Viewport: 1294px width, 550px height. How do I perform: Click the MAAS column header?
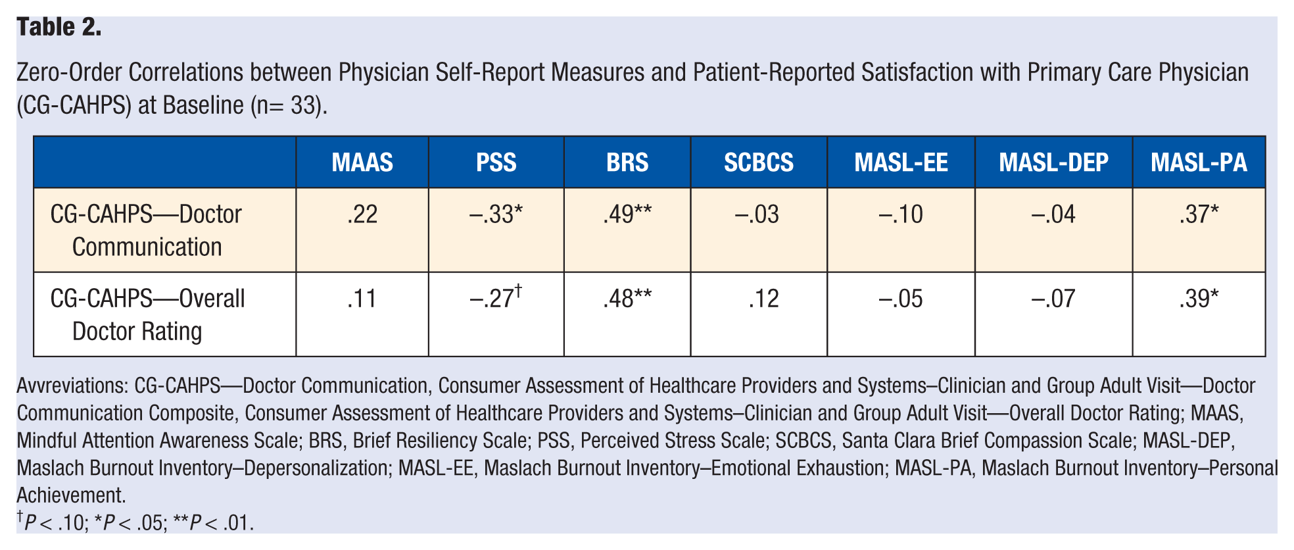pyautogui.click(x=362, y=162)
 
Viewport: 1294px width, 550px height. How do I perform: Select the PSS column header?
pyautogui.click(x=496, y=162)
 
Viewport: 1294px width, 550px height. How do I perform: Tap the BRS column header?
pyautogui.click(x=627, y=162)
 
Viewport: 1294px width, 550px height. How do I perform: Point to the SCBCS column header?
pyautogui.click(x=759, y=162)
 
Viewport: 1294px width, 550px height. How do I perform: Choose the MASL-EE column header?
pyautogui.click(x=901, y=162)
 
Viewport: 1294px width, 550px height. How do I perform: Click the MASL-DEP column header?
pyautogui.click(x=1053, y=162)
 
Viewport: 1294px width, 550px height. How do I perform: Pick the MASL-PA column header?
pyautogui.click(x=1199, y=162)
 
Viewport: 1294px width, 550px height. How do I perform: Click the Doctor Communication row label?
pyautogui.click(x=147, y=230)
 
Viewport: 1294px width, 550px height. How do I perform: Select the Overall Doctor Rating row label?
pyautogui.click(x=148, y=314)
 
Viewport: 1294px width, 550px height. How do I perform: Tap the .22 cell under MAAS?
pyautogui.click(x=362, y=214)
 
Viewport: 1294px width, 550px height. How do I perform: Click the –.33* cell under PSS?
pyautogui.click(x=496, y=214)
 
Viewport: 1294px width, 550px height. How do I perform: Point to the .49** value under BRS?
pyautogui.click(x=627, y=214)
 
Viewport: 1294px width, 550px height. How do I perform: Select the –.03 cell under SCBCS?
pyautogui.click(x=757, y=214)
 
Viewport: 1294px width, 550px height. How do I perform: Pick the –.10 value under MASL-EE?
pyautogui.click(x=901, y=214)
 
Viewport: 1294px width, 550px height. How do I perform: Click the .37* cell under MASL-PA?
pyautogui.click(x=1199, y=214)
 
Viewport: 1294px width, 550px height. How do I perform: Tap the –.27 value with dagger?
pyautogui.click(x=496, y=297)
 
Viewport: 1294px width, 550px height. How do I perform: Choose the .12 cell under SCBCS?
pyautogui.click(x=763, y=299)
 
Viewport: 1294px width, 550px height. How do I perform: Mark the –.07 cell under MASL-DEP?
pyautogui.click(x=1053, y=299)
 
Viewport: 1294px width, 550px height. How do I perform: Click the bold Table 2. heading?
pyautogui.click(x=59, y=28)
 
